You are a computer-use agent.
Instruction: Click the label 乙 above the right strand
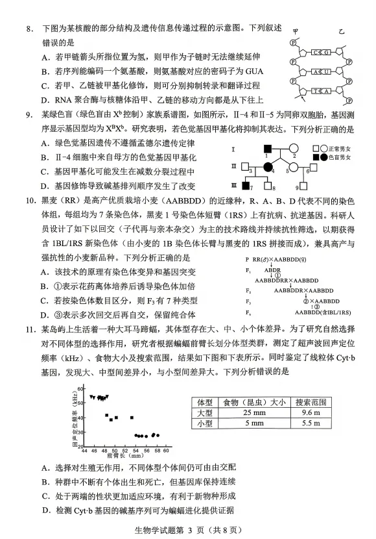(x=342, y=31)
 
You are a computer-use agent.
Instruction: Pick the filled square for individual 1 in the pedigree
(x=264, y=149)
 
